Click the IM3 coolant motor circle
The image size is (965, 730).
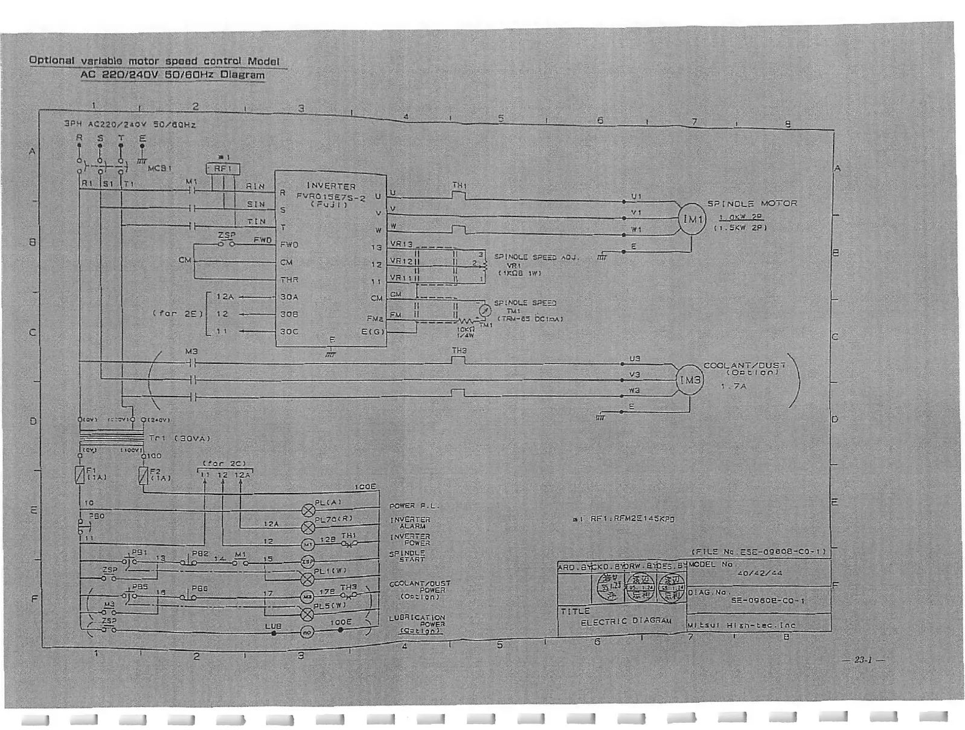(690, 380)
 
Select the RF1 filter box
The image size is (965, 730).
(223, 169)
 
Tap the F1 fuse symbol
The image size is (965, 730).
(80, 474)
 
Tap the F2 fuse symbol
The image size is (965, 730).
(143, 476)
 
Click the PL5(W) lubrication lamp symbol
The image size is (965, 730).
(307, 615)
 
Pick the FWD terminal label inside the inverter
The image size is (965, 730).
(289, 245)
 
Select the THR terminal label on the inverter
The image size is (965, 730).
(289, 280)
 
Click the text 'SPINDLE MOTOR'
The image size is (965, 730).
(752, 204)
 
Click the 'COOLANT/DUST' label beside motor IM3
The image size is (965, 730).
(745, 366)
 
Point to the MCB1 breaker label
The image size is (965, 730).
(160, 168)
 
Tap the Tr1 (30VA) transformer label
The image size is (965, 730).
(179, 438)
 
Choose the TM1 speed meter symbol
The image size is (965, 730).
(484, 311)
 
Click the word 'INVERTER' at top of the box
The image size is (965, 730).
(331, 186)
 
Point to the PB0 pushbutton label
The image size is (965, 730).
(97, 516)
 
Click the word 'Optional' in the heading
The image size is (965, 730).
(52, 60)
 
